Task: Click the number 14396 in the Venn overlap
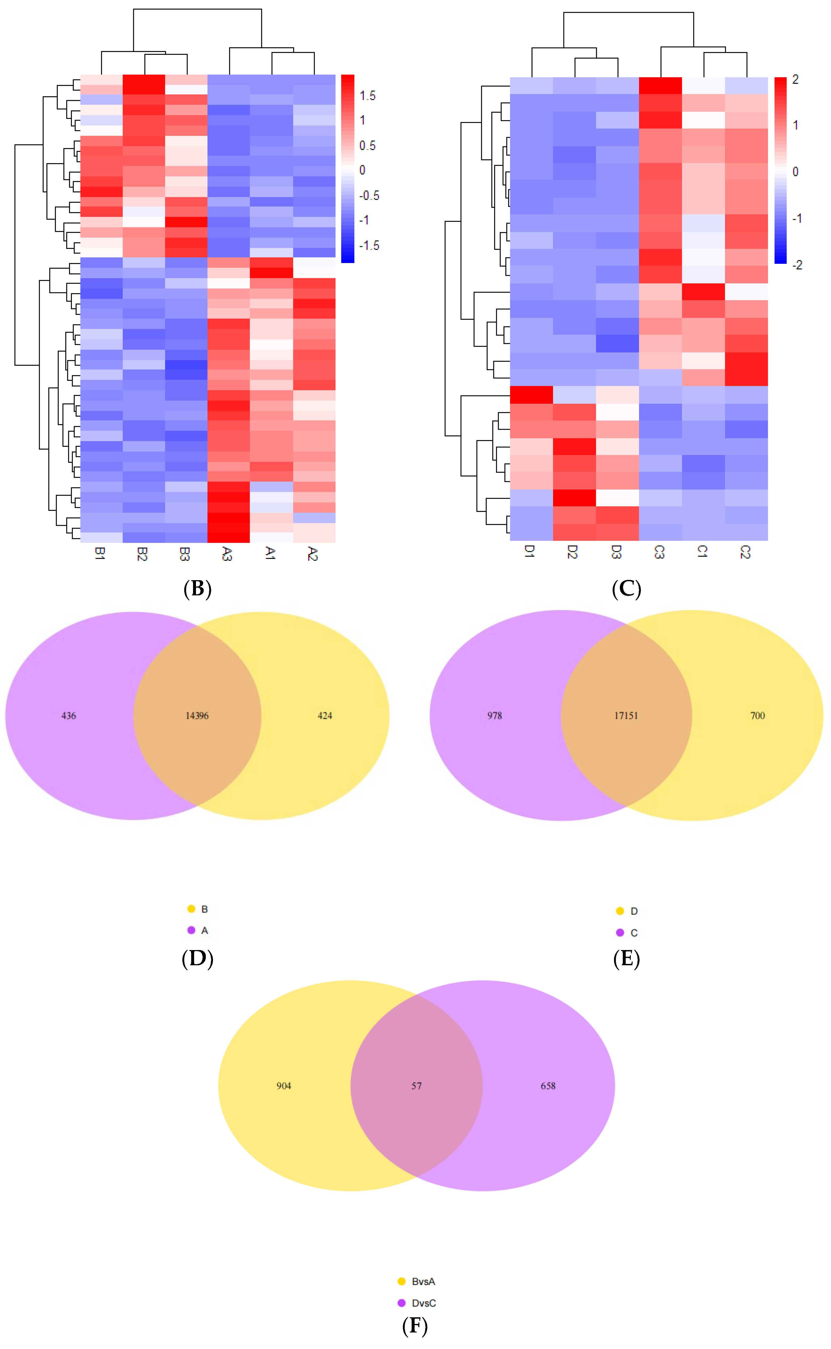[197, 716]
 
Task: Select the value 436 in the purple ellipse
[69, 716]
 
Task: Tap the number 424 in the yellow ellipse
[325, 716]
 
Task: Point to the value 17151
[626, 716]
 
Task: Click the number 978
[495, 716]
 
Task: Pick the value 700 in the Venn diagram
[757, 716]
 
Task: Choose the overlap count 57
[417, 1086]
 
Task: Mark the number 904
[284, 1086]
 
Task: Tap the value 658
[548, 1086]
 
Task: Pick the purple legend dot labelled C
[620, 933]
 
